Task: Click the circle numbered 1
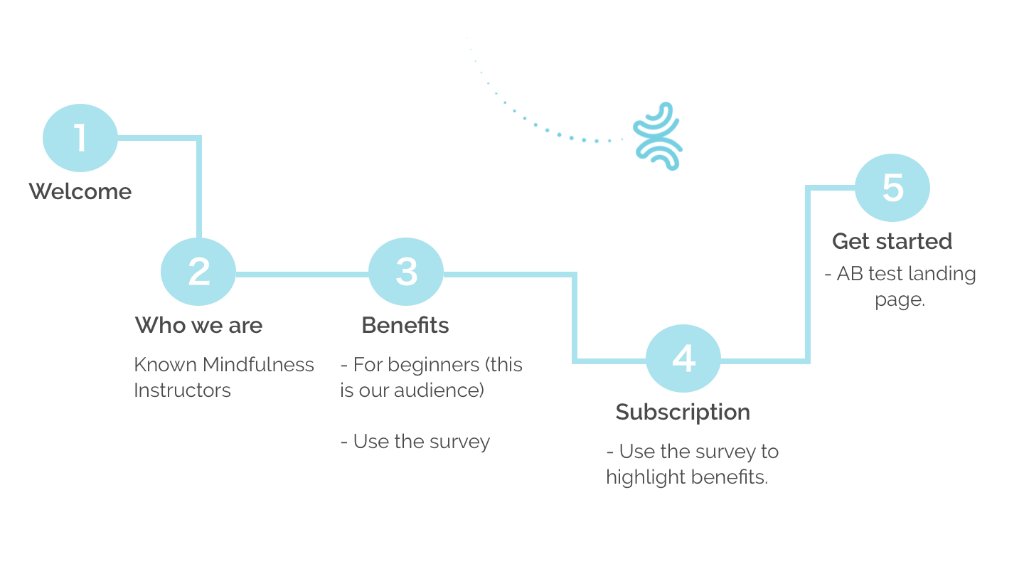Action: [x=80, y=138]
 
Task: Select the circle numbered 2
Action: [x=198, y=272]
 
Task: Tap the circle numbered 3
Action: [x=406, y=272]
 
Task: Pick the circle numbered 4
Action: [x=683, y=358]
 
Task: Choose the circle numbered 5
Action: [x=892, y=188]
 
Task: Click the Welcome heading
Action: [x=80, y=191]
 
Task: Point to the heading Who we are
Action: [x=198, y=325]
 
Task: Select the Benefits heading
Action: [x=405, y=325]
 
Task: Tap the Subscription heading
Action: [x=683, y=412]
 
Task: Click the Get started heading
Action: [x=892, y=241]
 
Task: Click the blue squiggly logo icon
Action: [x=658, y=136]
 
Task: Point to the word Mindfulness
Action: [x=258, y=365]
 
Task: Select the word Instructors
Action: [x=183, y=390]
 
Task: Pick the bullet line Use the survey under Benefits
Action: [x=416, y=442]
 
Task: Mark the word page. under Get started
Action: [x=900, y=299]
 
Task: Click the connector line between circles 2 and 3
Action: [x=302, y=273]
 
